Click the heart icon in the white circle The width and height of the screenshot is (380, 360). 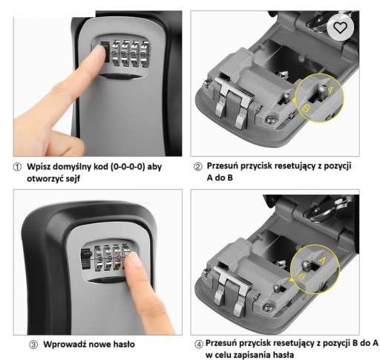pyautogui.click(x=341, y=27)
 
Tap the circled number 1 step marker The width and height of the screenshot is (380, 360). pyautogui.click(x=17, y=168)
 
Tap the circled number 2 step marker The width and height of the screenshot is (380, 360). pyautogui.click(x=197, y=167)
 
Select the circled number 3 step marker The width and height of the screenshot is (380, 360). pyautogui.click(x=33, y=344)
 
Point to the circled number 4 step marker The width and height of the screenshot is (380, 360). pyautogui.click(x=198, y=344)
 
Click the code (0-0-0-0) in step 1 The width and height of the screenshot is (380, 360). pyautogui.click(x=128, y=167)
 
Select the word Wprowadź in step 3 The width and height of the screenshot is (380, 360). pyautogui.click(x=65, y=344)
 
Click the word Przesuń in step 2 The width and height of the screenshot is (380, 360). pyautogui.click(x=222, y=166)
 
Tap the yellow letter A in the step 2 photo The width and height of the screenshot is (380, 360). pyautogui.click(x=330, y=90)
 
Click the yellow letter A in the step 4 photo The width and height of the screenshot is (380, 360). pyautogui.click(x=322, y=261)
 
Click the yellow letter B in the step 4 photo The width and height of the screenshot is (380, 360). pyautogui.click(x=301, y=276)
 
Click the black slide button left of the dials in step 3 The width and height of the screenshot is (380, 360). pyautogui.click(x=85, y=259)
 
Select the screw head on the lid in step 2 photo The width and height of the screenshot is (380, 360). pyautogui.click(x=269, y=120)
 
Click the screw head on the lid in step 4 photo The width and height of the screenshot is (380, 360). pyautogui.click(x=268, y=308)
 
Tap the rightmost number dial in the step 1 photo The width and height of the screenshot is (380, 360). pyautogui.click(x=145, y=54)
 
